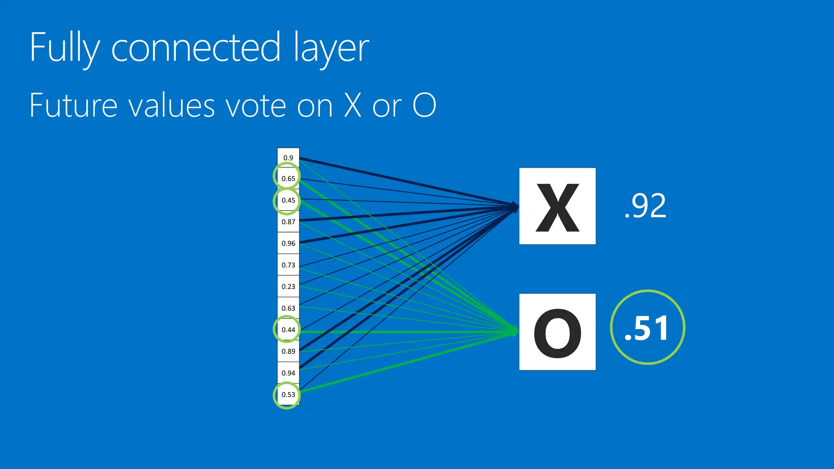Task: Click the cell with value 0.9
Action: click(x=288, y=158)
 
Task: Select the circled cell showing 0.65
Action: click(x=288, y=179)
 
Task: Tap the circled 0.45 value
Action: click(x=288, y=200)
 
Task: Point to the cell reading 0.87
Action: click(x=288, y=222)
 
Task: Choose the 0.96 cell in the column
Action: click(x=288, y=243)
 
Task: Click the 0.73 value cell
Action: click(x=288, y=265)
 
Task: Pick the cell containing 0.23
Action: click(x=288, y=287)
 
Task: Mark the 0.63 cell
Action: click(x=288, y=308)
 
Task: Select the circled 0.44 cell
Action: click(x=288, y=330)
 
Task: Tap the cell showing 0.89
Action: click(x=288, y=351)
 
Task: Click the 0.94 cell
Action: click(x=288, y=373)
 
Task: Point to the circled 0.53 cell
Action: click(x=288, y=394)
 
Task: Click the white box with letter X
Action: click(x=557, y=206)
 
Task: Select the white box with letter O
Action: click(x=557, y=332)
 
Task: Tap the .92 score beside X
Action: click(x=645, y=206)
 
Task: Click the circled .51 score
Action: click(x=647, y=328)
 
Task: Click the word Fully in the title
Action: click(x=64, y=48)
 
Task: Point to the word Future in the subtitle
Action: click(x=73, y=105)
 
